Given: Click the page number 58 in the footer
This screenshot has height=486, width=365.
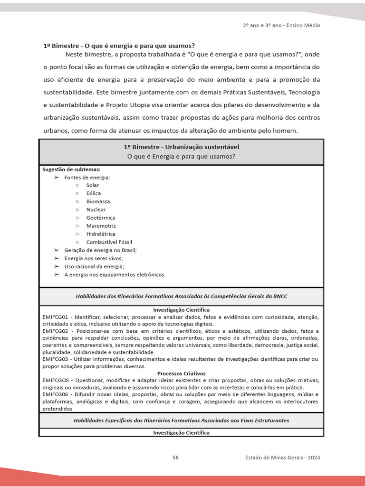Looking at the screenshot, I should tap(175, 458).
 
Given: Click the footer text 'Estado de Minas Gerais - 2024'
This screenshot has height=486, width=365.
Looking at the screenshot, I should tap(282, 458).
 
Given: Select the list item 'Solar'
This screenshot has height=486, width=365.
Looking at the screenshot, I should tap(93, 185).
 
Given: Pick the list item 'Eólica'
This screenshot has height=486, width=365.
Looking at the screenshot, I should tap(94, 193).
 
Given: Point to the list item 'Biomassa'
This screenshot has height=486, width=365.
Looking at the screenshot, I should tap(98, 201).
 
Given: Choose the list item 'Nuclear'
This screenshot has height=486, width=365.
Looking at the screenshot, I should tap(96, 209).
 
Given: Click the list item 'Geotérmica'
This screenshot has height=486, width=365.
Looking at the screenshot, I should tap(101, 217).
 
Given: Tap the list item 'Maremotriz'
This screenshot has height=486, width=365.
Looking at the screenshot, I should tap(101, 226).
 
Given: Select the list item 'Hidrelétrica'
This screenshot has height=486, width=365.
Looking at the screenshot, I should tap(101, 234).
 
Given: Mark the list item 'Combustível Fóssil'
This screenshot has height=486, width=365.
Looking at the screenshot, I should tap(109, 242).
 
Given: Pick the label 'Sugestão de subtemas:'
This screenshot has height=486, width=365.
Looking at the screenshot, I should tap(71, 169).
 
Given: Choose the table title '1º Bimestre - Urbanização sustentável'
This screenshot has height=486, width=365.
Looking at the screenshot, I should tap(181, 147).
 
